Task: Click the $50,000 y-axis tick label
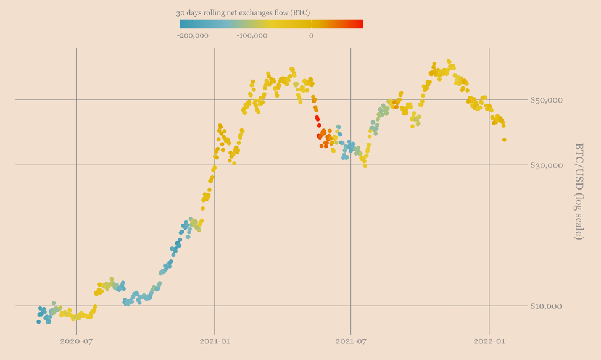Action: pyautogui.click(x=545, y=99)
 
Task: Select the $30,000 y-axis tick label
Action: pyautogui.click(x=545, y=165)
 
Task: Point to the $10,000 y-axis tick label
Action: pyautogui.click(x=545, y=306)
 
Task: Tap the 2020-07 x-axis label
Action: pyautogui.click(x=76, y=340)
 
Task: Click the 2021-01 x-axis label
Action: pyautogui.click(x=214, y=340)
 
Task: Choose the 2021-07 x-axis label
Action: pyautogui.click(x=350, y=340)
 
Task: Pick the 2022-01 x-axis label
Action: pyautogui.click(x=489, y=340)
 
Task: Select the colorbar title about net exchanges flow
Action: pyautogui.click(x=242, y=12)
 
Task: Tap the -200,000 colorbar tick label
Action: pyautogui.click(x=193, y=35)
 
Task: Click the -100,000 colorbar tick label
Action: pyautogui.click(x=252, y=35)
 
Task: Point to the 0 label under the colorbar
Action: pyautogui.click(x=311, y=35)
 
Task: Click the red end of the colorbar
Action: pyautogui.click(x=359, y=24)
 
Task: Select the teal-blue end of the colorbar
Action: pyautogui.click(x=183, y=24)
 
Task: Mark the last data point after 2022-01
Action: pyautogui.click(x=504, y=140)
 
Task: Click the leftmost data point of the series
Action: pyautogui.click(x=38, y=322)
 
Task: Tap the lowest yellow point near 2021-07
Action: pyautogui.click(x=365, y=165)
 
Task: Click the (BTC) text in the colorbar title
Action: pyautogui.click(x=299, y=12)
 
